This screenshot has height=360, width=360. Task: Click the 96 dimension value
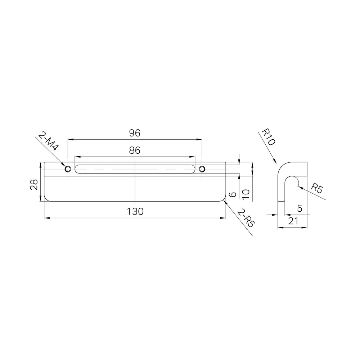(x=135, y=133)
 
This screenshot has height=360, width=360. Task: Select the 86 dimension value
(x=135, y=150)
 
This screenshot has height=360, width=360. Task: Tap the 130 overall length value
(x=135, y=211)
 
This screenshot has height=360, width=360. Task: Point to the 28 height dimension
(x=34, y=185)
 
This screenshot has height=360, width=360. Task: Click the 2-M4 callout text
(x=48, y=141)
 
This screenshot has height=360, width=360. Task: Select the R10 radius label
(x=268, y=137)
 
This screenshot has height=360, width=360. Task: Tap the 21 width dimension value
(x=293, y=221)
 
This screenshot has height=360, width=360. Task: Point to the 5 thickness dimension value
(x=300, y=208)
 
